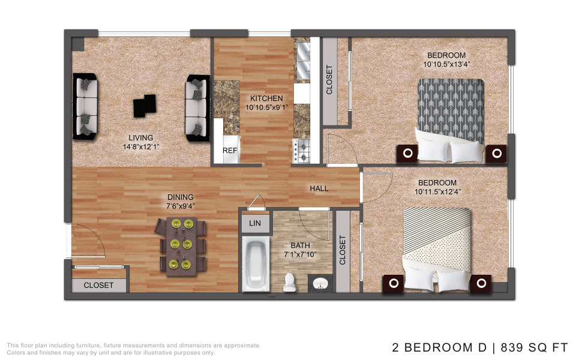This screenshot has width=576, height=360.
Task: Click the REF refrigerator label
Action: click(x=230, y=151)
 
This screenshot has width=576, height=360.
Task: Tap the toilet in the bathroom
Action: click(x=290, y=283)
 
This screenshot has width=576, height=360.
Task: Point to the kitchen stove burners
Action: click(x=301, y=151)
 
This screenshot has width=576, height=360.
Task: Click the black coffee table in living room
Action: click(x=145, y=106)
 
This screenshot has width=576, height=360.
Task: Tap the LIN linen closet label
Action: click(x=255, y=223)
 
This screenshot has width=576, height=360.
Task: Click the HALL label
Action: click(x=319, y=188)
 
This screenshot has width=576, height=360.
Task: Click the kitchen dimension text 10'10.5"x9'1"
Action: click(x=266, y=107)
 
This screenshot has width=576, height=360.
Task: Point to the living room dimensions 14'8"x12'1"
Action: click(x=140, y=147)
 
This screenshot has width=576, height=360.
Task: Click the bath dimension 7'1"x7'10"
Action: click(x=300, y=254)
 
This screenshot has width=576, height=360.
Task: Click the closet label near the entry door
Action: click(x=98, y=286)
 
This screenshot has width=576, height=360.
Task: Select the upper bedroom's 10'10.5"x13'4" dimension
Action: click(x=446, y=64)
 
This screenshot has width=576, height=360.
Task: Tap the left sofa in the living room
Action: click(x=85, y=107)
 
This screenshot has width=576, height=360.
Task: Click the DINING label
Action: click(x=181, y=197)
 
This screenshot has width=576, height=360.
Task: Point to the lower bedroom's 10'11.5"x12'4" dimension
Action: click(x=437, y=192)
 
